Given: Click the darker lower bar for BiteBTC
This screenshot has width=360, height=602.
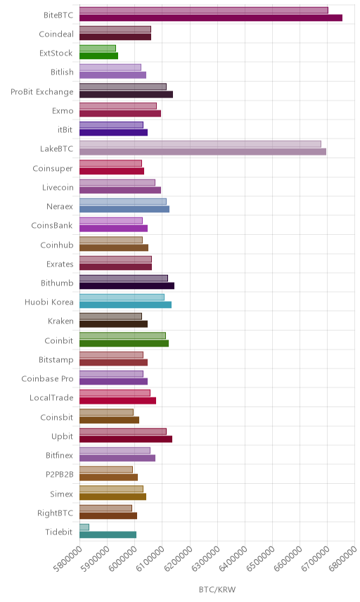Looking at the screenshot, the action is (211, 18).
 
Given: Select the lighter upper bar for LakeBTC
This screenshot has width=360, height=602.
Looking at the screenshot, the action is (200, 144).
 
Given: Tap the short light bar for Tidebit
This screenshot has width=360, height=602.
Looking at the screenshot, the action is (84, 527).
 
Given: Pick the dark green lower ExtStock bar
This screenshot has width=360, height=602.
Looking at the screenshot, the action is (98, 56).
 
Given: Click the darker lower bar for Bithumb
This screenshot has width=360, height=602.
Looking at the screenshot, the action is (127, 286).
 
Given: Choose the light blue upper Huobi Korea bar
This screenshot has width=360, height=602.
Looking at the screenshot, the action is (122, 297).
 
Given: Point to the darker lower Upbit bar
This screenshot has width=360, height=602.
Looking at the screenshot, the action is (126, 440).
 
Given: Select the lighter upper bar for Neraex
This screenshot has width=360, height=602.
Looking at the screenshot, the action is (123, 202).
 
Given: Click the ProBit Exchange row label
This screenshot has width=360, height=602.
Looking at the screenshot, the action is (41, 92).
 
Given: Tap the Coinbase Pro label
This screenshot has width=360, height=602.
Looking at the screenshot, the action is (47, 379).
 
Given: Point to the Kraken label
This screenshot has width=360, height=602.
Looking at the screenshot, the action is (60, 321).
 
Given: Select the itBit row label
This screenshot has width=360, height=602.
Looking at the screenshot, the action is (65, 130).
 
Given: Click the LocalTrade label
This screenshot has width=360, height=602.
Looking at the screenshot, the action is (51, 398).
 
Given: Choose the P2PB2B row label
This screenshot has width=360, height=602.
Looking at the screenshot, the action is (60, 475).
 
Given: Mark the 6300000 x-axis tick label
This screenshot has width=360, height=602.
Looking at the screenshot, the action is (205, 558).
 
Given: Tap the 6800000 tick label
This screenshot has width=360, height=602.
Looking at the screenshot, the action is (343, 558).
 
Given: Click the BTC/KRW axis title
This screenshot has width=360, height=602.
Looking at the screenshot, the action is (217, 590).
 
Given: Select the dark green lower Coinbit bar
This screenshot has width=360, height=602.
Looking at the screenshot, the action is (124, 343).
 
